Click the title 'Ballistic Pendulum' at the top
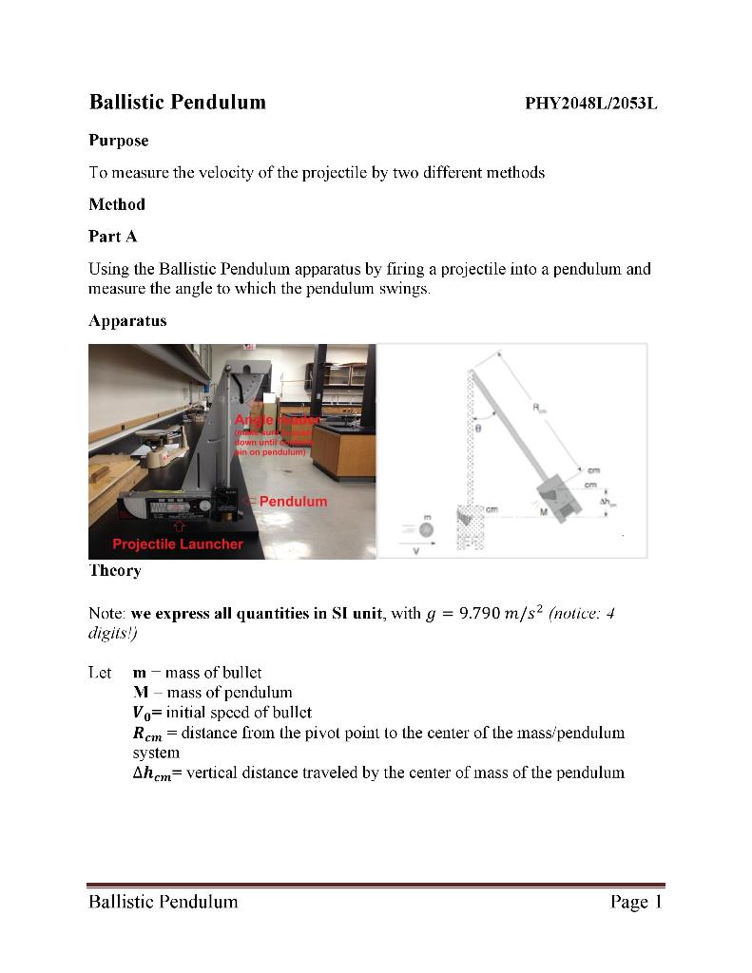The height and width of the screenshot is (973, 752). [177, 102]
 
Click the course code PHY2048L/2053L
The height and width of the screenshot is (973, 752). [590, 104]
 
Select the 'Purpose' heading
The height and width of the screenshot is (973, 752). [119, 141]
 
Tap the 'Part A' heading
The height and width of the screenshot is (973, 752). [112, 237]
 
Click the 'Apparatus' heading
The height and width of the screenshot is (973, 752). [127, 320]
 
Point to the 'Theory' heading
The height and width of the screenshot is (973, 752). [115, 570]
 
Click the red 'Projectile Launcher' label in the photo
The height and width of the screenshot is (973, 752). [178, 544]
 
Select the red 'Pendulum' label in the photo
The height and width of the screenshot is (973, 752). [293, 501]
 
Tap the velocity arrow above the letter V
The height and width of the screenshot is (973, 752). [425, 547]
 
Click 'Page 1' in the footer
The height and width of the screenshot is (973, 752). [635, 902]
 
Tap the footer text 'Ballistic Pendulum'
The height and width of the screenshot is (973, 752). [163, 902]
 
